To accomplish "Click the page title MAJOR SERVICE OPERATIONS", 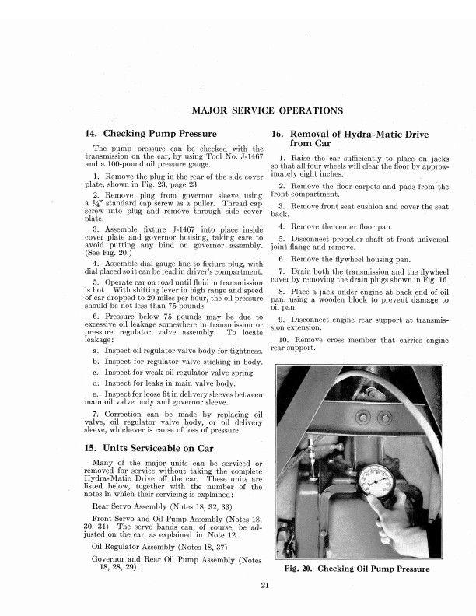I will coord(267,110).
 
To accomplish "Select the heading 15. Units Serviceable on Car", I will coord(156,447).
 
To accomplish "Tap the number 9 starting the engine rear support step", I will coord(281,319).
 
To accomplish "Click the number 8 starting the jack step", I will coord(281,289).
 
